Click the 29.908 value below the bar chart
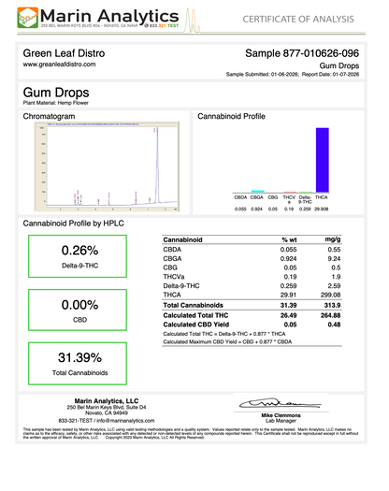(322, 209)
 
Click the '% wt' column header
(290, 240)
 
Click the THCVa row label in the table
(175, 278)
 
